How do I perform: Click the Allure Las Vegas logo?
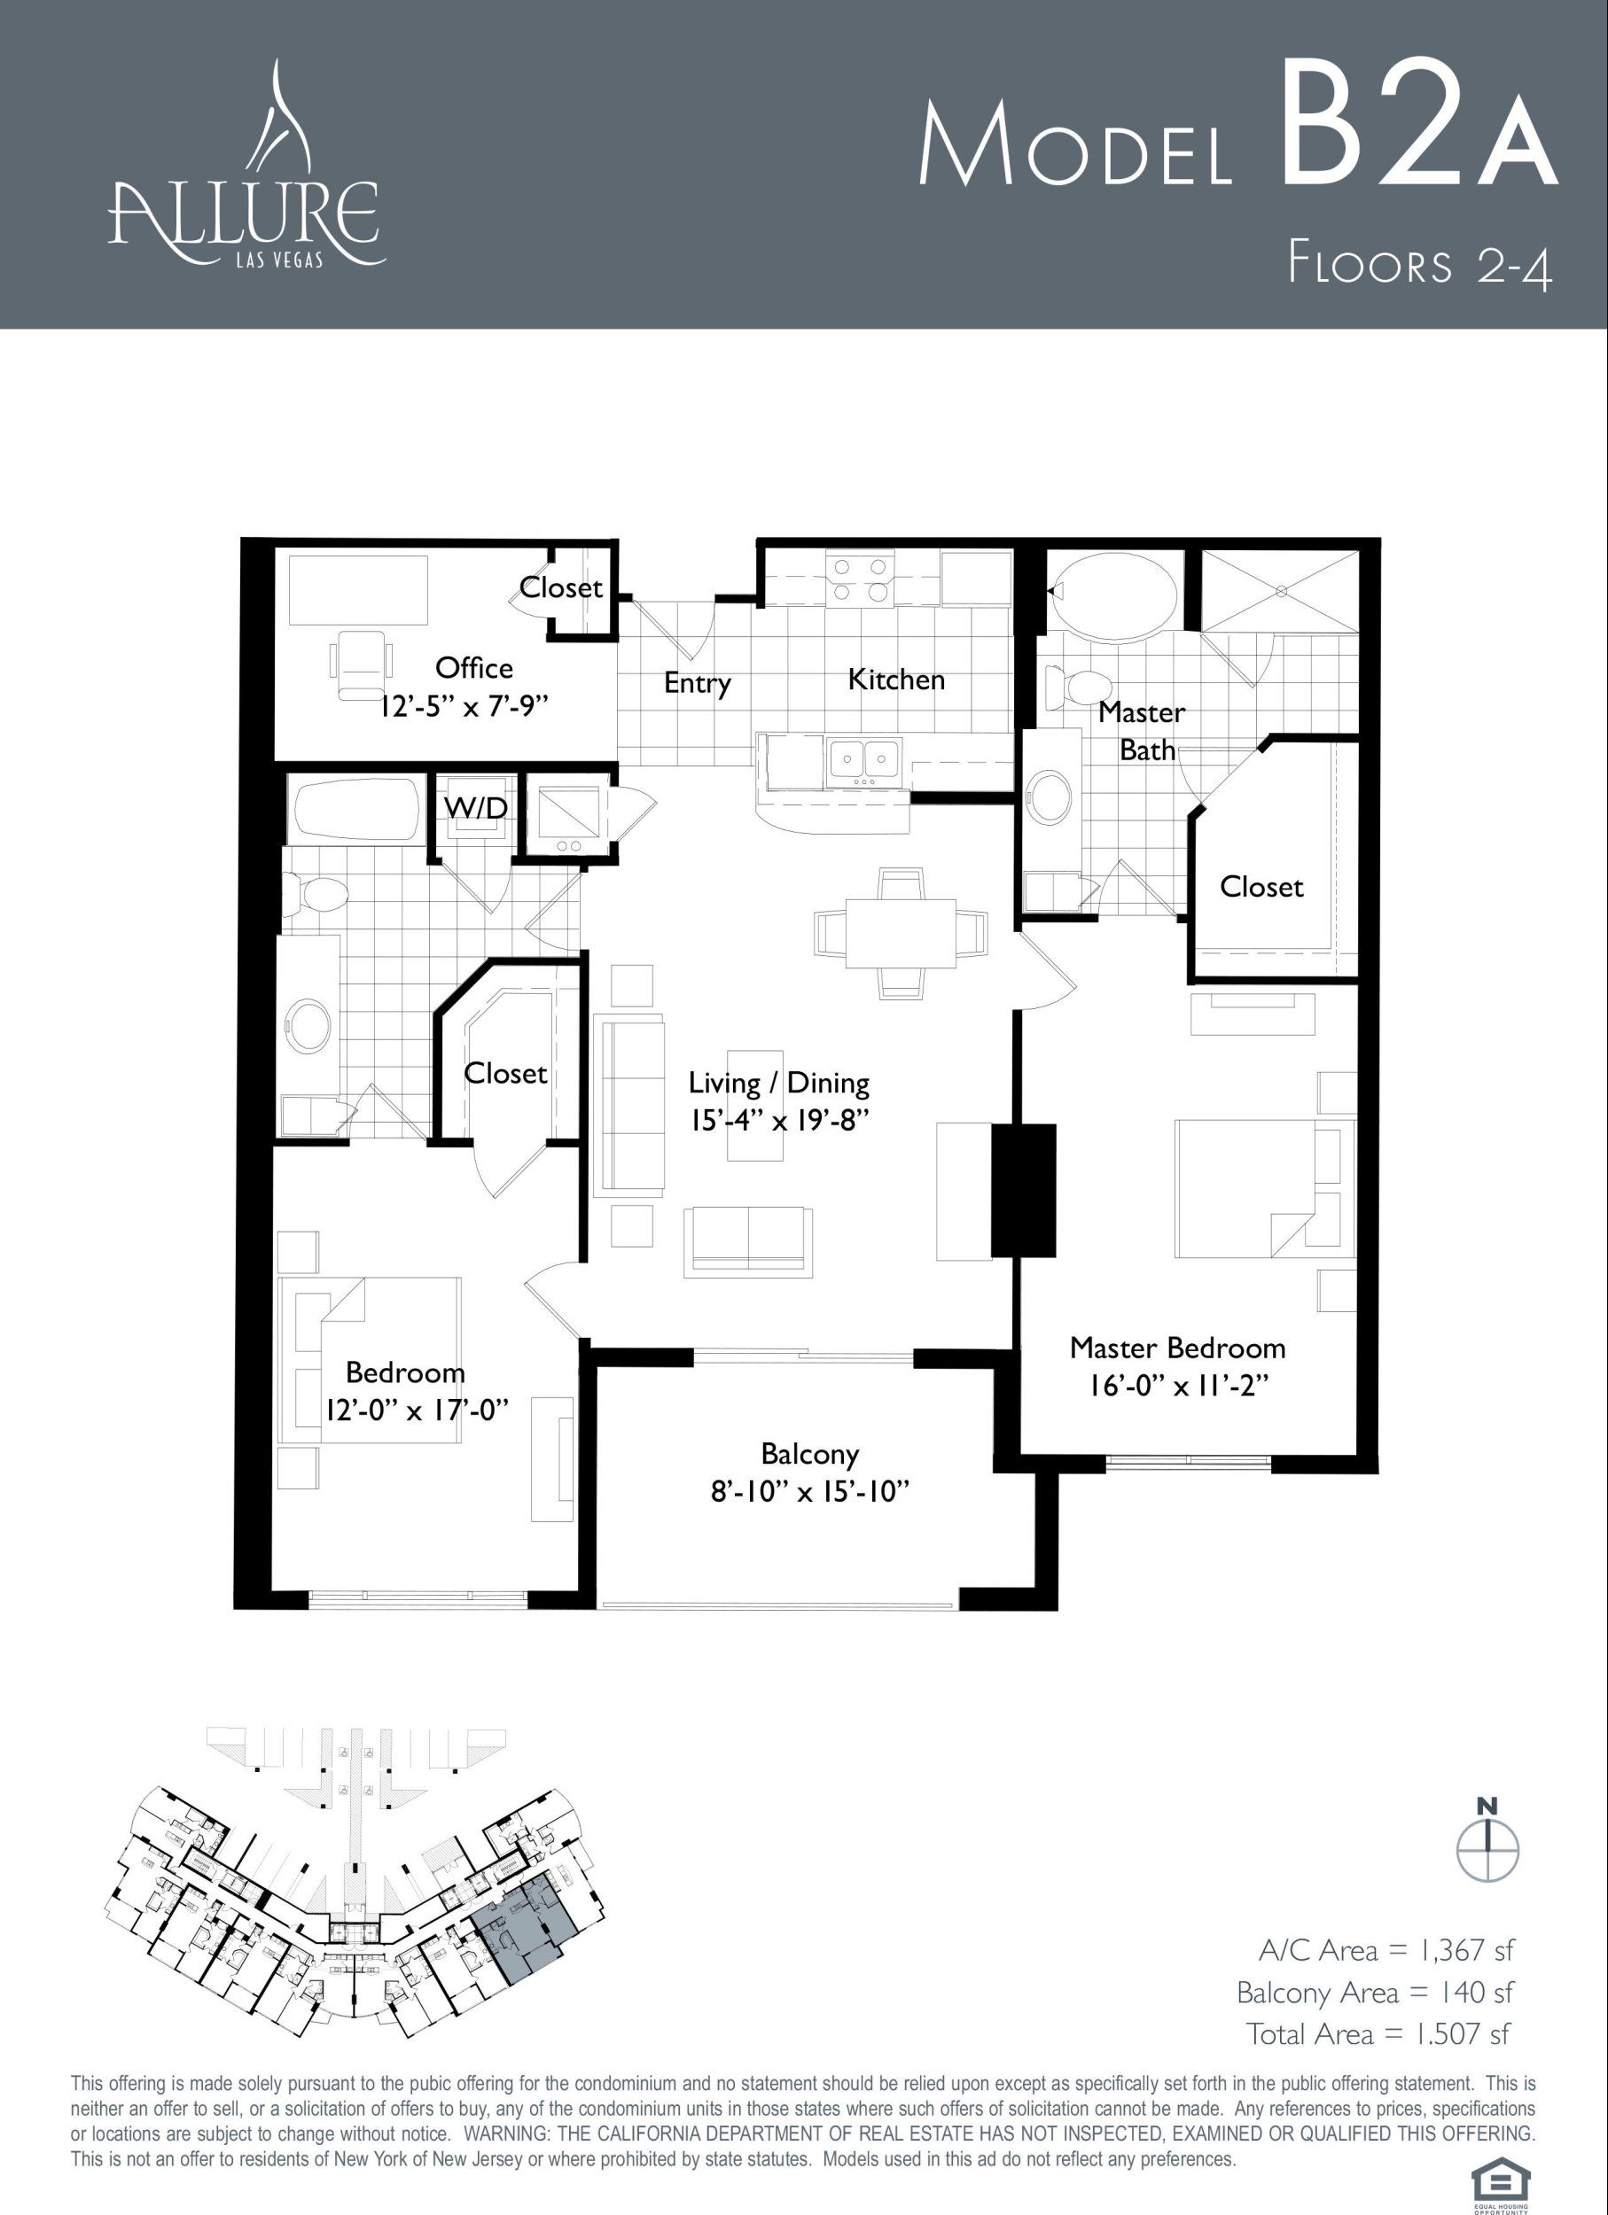pyautogui.click(x=246, y=166)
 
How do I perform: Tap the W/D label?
pyautogui.click(x=476, y=808)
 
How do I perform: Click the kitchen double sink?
pyautogui.click(x=864, y=760)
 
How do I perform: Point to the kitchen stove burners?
pyautogui.click(x=859, y=579)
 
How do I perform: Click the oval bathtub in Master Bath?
pyautogui.click(x=1113, y=592)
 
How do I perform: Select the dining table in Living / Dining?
pyautogui.click(x=900, y=933)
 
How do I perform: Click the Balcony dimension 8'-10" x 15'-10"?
pyautogui.click(x=810, y=1492)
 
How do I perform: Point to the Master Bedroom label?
pyautogui.click(x=1177, y=1348)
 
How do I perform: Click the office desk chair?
pyautogui.click(x=362, y=663)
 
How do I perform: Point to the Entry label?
pyautogui.click(x=698, y=683)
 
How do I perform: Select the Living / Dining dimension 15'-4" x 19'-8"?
pyautogui.click(x=779, y=1119)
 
